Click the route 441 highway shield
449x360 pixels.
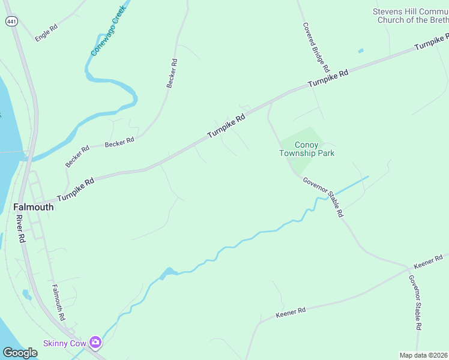pyautogui.click(x=12, y=21)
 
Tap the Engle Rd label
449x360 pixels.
pyautogui.click(x=46, y=32)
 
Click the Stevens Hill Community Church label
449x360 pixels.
pyautogui.click(x=411, y=16)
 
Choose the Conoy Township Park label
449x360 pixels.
pyautogui.click(x=307, y=149)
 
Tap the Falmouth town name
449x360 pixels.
pyautogui.click(x=34, y=207)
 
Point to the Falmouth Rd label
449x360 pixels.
pyautogui.click(x=58, y=302)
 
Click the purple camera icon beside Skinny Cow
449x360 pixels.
pyautogui.click(x=95, y=343)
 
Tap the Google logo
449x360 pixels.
pyautogui.click(x=20, y=353)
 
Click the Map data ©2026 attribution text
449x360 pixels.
pyautogui.click(x=424, y=355)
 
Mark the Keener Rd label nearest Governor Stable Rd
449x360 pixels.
pyautogui.click(x=427, y=261)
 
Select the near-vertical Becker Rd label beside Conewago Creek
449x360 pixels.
pyautogui.click(x=172, y=73)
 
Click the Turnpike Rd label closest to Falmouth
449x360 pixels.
pyautogui.click(x=76, y=190)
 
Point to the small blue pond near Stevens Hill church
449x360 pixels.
pyautogui.click(x=361, y=51)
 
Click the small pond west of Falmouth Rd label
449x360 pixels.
pyautogui.click(x=26, y=295)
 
